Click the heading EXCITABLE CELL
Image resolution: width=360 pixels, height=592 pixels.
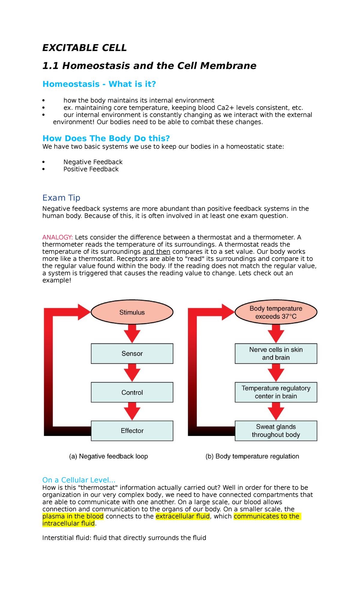pyautogui.click(x=84, y=48)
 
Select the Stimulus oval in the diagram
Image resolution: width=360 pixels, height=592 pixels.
pyautogui.click(x=132, y=312)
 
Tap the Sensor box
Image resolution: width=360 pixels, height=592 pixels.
pyautogui.click(x=132, y=354)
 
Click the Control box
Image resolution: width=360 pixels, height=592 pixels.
pyautogui.click(x=132, y=392)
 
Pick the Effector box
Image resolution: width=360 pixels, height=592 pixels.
pyautogui.click(x=132, y=431)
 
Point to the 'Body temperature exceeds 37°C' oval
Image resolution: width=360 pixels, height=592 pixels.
pyautogui.click(x=276, y=312)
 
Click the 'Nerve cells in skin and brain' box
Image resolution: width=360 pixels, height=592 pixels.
pyautogui.click(x=276, y=354)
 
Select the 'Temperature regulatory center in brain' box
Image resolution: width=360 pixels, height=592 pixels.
pyautogui.click(x=276, y=392)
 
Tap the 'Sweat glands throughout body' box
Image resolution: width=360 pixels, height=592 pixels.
pyautogui.click(x=276, y=431)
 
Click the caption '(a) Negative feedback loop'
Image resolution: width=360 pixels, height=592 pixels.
pyautogui.click(x=108, y=456)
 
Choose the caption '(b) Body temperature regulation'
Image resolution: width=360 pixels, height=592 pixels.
pyautogui.click(x=252, y=456)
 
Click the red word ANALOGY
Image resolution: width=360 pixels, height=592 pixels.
pyautogui.click(x=57, y=237)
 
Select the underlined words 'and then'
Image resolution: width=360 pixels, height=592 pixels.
pyautogui.click(x=156, y=252)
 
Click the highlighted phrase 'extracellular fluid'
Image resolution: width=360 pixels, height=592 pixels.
pyautogui.click(x=182, y=516)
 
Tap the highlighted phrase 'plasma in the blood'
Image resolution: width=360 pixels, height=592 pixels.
pyautogui.click(x=73, y=516)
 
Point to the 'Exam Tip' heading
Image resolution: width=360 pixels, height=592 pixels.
pyautogui.click(x=61, y=198)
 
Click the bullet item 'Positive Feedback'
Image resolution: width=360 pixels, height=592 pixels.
pyautogui.click(x=91, y=169)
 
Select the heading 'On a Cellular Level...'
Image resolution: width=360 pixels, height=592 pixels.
pyautogui.click(x=79, y=480)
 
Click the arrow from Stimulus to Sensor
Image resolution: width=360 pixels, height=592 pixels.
pyautogui.click(x=132, y=333)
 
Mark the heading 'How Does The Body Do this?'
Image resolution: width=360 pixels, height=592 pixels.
pyautogui.click(x=106, y=138)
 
